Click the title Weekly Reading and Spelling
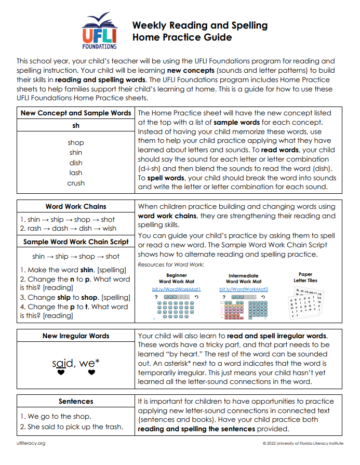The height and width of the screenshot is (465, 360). point(199,25)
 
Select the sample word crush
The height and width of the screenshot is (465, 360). point(76,183)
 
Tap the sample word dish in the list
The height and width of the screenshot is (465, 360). point(76,163)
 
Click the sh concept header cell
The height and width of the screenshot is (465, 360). point(76,125)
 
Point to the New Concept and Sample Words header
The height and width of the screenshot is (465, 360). point(76,113)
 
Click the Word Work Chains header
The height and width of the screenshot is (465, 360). point(76,206)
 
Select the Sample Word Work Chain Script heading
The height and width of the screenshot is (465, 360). point(76,242)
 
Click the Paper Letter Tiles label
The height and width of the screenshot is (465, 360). point(305,277)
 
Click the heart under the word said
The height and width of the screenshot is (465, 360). point(61,372)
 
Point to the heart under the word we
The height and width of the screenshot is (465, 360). point(91,372)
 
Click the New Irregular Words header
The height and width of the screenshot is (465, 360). point(76,336)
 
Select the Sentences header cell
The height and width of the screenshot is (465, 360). point(76,401)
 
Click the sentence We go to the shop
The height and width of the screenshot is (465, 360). point(56,416)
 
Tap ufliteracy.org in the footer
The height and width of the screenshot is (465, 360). point(31,443)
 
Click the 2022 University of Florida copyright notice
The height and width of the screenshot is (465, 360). point(303,443)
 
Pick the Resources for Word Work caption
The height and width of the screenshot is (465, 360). point(171,264)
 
